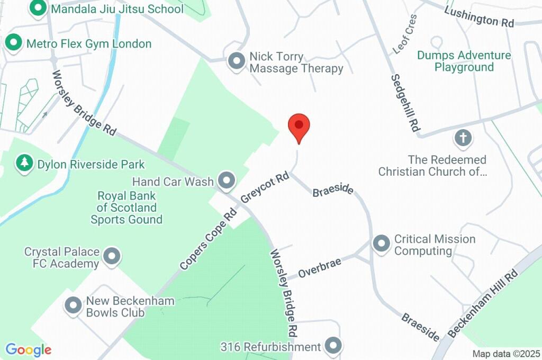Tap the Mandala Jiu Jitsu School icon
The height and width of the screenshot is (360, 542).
point(38,8)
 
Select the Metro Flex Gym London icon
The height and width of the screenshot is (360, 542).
point(12,43)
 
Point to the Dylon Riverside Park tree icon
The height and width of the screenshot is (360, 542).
point(24,164)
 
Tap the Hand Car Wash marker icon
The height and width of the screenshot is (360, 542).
point(227,181)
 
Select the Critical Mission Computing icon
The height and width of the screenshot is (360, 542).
point(381,244)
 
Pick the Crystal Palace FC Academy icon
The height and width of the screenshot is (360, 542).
point(112,257)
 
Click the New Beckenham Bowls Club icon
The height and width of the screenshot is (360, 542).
point(73,305)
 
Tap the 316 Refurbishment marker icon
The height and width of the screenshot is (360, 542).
point(333,347)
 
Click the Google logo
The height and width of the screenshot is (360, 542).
point(29,350)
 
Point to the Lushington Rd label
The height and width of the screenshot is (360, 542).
point(479,16)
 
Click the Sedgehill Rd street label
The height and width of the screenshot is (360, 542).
point(405,103)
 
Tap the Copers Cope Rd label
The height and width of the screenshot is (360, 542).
point(207,238)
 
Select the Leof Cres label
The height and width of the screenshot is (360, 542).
point(405,34)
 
